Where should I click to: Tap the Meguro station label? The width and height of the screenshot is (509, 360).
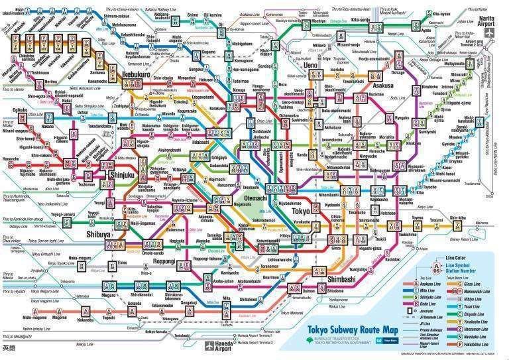click(80, 298)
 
